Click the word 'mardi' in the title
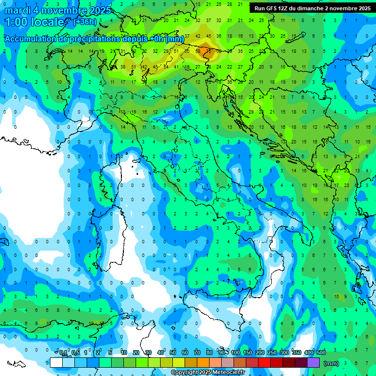tap(17, 10)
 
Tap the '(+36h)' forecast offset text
tap(85, 22)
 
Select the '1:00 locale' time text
tap(34, 22)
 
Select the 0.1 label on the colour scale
tap(63, 353)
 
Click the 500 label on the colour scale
tap(321, 353)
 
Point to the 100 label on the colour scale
tap(235, 353)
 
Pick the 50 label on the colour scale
tap(173, 353)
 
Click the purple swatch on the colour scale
tap(313, 362)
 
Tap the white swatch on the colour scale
tap(56, 362)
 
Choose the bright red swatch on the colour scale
tap(264, 362)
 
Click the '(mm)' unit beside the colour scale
tap(331, 363)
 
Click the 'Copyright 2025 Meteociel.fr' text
tap(208, 373)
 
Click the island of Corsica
tap(109, 181)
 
